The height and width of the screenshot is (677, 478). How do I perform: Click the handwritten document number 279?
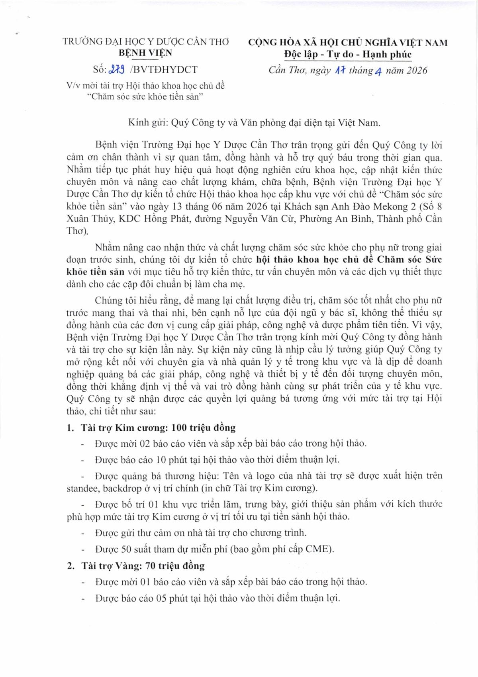116,69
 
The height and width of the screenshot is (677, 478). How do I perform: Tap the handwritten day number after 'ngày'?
340,71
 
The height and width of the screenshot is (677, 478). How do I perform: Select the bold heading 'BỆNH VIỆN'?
146,53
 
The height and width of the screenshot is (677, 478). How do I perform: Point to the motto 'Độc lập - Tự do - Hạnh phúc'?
348,54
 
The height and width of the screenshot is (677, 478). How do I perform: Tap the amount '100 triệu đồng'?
204,428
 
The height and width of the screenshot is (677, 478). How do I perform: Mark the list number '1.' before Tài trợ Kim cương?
71,428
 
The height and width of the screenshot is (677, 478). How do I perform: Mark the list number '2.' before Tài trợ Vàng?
71,566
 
